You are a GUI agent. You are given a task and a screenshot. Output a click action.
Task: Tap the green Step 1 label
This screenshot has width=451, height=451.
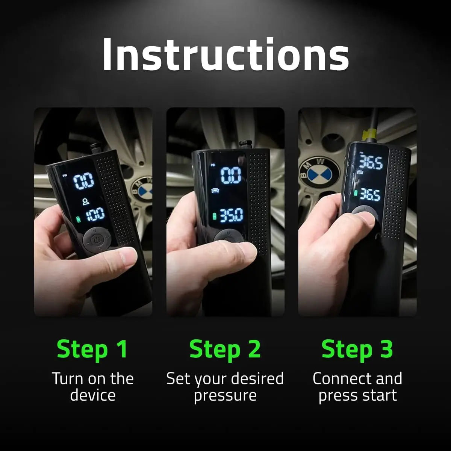(92, 349)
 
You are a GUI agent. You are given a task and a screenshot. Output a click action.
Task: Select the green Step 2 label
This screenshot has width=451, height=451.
(225, 349)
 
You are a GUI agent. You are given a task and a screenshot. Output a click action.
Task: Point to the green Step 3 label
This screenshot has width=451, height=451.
(357, 349)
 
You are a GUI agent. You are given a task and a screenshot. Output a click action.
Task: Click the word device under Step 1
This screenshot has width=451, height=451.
(92, 395)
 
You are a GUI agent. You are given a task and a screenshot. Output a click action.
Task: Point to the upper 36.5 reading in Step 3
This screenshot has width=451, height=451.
(371, 162)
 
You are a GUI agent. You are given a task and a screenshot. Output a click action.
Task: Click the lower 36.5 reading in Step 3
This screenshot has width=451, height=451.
(370, 195)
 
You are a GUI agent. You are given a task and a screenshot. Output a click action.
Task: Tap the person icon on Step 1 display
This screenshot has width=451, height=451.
(87, 202)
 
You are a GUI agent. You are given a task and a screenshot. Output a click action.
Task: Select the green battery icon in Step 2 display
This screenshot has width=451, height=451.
(215, 217)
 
